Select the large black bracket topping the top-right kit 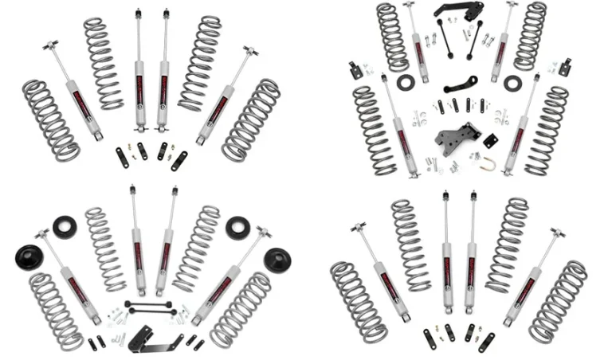click(x=458, y=11)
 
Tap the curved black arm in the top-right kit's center click(x=461, y=83)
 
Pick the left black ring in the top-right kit click(x=406, y=82)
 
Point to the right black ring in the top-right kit click(x=512, y=83)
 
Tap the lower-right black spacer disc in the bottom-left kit click(x=277, y=260)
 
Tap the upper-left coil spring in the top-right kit click(x=392, y=37)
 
